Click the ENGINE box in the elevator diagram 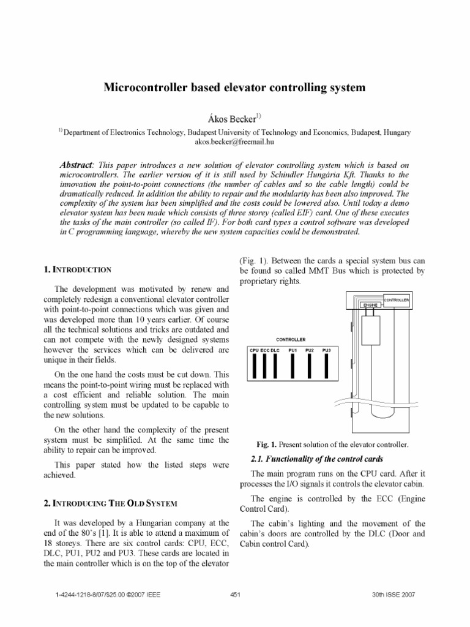(370, 304)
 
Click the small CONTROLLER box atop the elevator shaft (396, 299)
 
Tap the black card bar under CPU (253, 366)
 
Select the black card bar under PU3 (326, 366)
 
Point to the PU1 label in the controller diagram (293, 350)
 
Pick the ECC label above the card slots (265, 350)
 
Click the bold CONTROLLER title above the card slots (291, 339)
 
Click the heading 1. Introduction (78, 269)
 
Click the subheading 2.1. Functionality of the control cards (318, 459)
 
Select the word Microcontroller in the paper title (145, 88)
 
